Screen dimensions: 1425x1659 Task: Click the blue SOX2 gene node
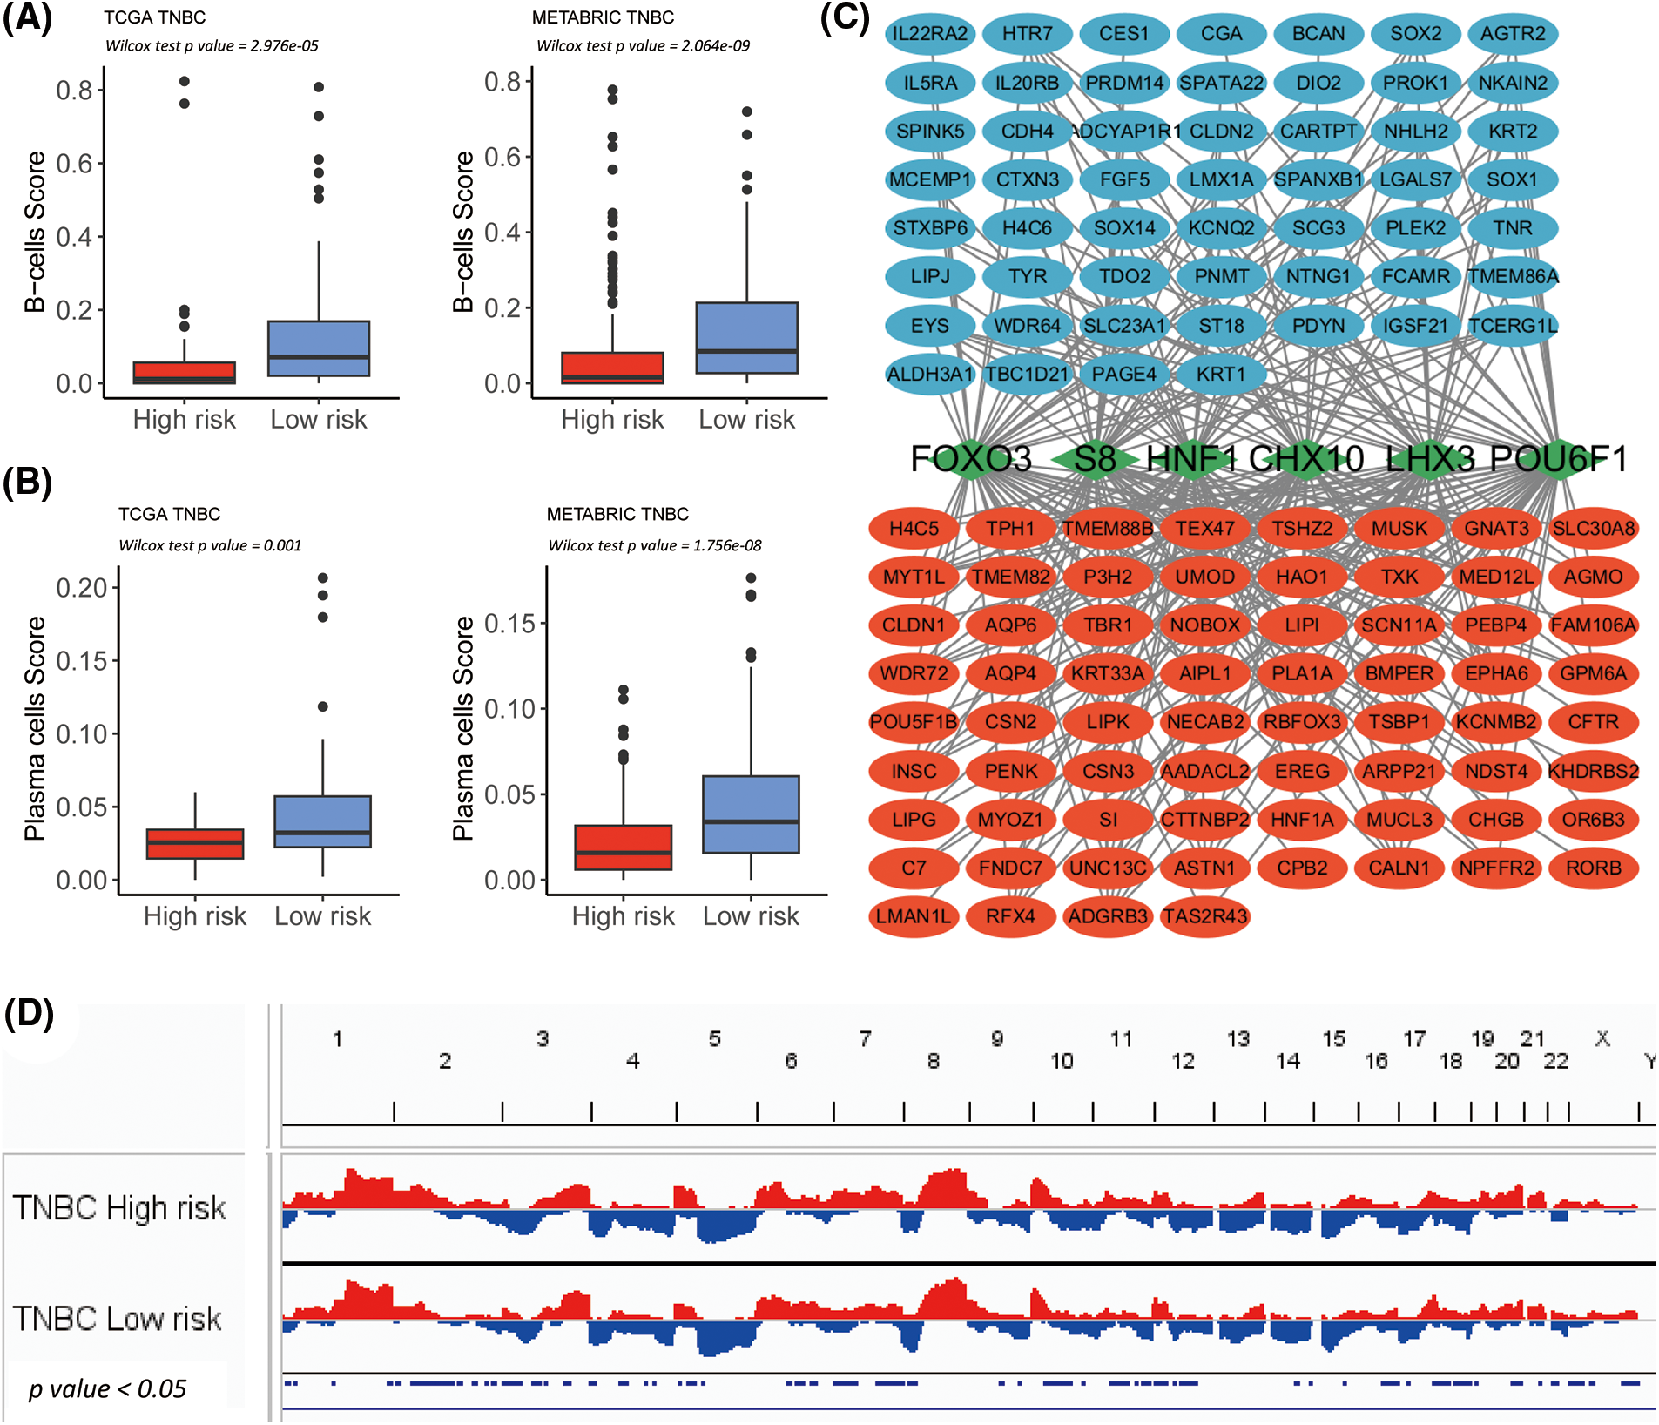(x=1415, y=34)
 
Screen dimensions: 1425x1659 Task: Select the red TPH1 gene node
(x=1010, y=529)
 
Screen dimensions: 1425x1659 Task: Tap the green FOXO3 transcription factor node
(x=970, y=459)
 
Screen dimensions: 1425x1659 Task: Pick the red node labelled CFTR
(x=1593, y=722)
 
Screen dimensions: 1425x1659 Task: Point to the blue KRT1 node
(x=1221, y=375)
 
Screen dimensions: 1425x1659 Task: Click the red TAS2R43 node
(x=1205, y=916)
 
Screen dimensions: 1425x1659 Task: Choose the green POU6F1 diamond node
(x=1558, y=459)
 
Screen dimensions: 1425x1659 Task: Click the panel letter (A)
(x=27, y=17)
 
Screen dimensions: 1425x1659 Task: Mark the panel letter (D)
(x=29, y=1014)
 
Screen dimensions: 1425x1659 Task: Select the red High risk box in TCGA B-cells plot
(x=185, y=373)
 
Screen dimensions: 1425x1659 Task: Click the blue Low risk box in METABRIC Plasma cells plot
(x=751, y=814)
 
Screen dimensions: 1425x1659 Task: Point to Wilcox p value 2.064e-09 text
(x=643, y=46)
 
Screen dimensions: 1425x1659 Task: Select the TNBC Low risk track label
(x=118, y=1319)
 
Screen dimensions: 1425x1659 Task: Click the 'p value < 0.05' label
(x=107, y=1388)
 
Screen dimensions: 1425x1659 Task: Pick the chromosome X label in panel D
(x=1602, y=1038)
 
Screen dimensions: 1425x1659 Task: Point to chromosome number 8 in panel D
(x=933, y=1061)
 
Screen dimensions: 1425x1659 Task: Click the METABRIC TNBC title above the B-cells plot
(x=603, y=17)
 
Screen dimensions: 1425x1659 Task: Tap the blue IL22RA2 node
(x=930, y=34)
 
